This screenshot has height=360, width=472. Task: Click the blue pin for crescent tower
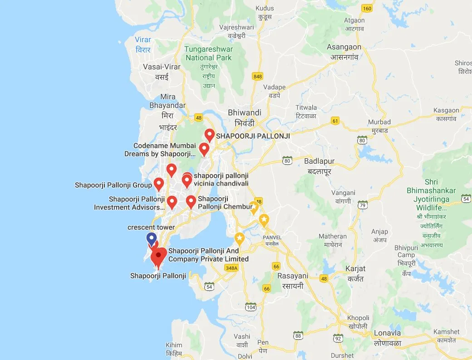tap(152, 238)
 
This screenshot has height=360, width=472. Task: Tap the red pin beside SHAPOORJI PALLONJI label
tap(209, 135)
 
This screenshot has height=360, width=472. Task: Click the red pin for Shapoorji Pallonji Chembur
tap(191, 201)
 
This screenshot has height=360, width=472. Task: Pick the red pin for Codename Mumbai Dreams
tap(204, 149)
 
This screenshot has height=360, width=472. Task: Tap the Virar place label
tap(143, 40)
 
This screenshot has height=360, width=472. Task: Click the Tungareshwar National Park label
tap(209, 54)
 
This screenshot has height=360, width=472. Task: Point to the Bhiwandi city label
tap(245, 112)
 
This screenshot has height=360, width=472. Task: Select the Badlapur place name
tap(319, 161)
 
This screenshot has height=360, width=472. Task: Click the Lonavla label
tap(387, 333)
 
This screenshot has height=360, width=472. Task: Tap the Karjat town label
tap(355, 268)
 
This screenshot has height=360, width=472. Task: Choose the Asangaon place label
tap(344, 47)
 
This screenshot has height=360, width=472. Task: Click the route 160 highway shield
tap(367, 9)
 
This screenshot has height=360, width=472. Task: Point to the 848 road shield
tap(258, 76)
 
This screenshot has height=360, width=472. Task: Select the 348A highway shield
tap(231, 268)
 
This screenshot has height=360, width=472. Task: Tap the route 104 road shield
tap(251, 307)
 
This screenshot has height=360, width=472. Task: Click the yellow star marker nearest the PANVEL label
tap(264, 220)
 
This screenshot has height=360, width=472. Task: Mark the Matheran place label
tap(333, 236)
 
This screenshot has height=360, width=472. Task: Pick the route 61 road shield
tap(335, 121)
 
